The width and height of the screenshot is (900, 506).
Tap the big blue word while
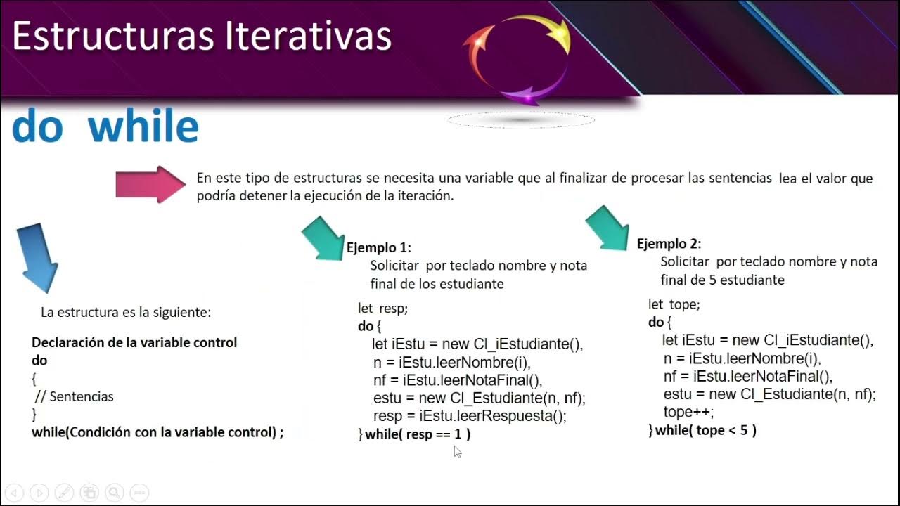point(143,127)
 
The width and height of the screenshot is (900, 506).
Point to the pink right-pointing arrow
point(150,184)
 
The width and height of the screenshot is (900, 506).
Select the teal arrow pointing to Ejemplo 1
point(323,238)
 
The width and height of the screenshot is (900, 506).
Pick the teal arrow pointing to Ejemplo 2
point(607,228)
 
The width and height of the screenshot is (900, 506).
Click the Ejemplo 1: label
point(379,248)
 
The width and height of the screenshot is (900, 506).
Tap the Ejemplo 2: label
point(669,244)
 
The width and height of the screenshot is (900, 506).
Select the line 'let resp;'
point(383,309)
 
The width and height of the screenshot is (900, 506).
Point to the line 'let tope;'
point(674,304)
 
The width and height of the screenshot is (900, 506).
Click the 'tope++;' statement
point(688,412)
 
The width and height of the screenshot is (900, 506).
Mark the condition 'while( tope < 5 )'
point(705,430)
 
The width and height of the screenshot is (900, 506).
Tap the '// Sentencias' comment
point(74,396)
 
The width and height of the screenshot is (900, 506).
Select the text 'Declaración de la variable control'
point(134,343)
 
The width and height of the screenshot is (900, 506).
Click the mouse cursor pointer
point(457,451)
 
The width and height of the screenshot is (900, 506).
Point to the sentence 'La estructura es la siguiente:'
point(126,312)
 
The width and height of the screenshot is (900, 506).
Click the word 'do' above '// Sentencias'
point(39,361)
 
